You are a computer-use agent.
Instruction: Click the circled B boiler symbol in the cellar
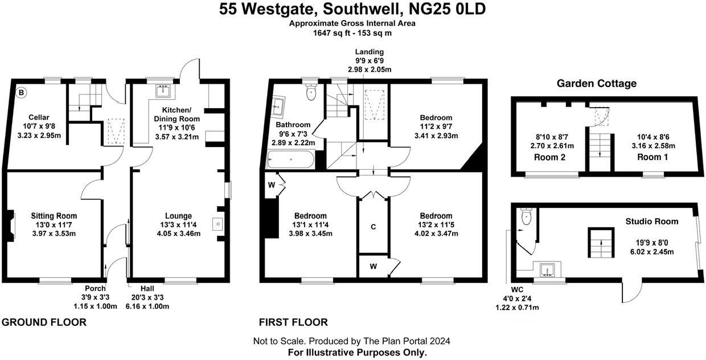point(21,92)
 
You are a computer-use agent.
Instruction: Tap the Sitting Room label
point(54,216)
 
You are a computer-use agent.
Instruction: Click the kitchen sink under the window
point(165,90)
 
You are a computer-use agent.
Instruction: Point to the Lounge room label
point(178,216)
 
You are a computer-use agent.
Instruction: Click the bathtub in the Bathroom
point(290,159)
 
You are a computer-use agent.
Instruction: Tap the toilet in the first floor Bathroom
point(311,92)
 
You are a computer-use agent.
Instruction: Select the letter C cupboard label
point(373,227)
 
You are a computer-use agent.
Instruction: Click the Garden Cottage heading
point(596,84)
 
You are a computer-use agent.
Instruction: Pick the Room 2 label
point(550,157)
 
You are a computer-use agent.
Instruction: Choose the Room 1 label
point(651,157)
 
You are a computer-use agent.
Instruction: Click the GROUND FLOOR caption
point(44,322)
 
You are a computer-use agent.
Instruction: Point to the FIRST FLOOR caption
point(293,322)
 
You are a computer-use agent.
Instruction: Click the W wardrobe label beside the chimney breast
point(272,185)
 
